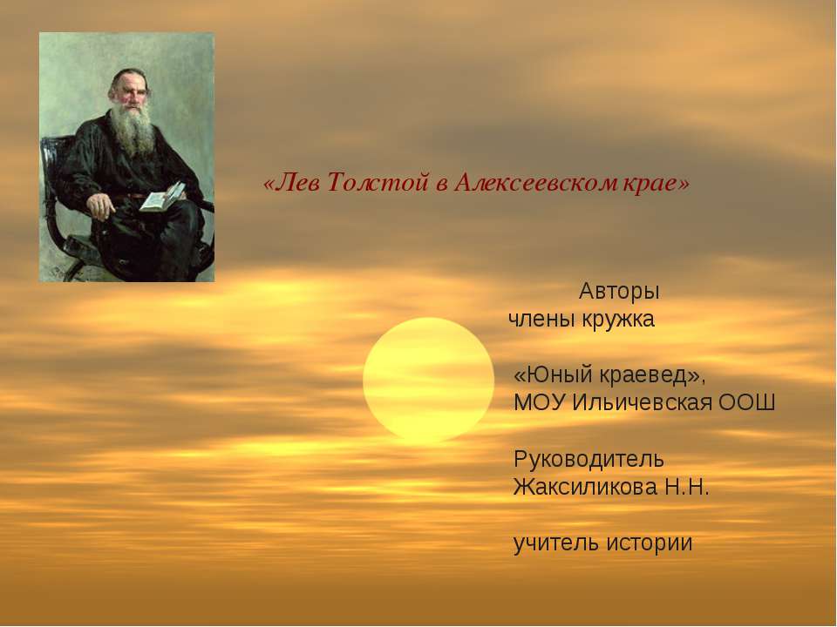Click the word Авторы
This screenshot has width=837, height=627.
coord(619,289)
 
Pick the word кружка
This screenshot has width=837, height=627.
coord(619,319)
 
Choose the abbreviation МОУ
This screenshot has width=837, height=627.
coord(540,403)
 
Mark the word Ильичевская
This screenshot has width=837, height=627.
coord(641,403)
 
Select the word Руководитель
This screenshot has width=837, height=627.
coord(589,458)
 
